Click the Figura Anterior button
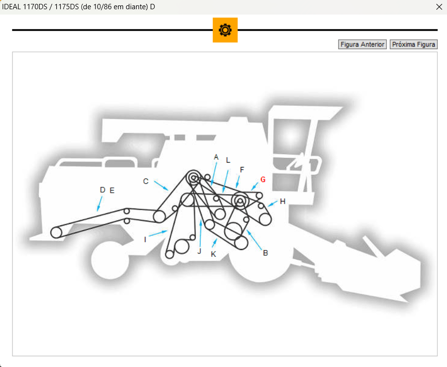coord(362,45)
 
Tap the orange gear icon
coord(225,30)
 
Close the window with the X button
coord(439,7)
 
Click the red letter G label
coord(263,180)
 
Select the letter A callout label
coord(216,157)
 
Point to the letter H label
coord(283,201)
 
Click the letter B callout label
coord(265,253)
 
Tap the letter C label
coord(145,181)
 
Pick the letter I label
coord(145,240)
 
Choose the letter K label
coord(213,254)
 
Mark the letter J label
coord(199,251)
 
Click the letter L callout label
coord(228,160)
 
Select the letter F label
coord(242,170)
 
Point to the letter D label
coord(103,190)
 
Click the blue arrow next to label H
coord(272,204)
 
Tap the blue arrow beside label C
coord(161,185)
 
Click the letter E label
coord(112,190)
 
